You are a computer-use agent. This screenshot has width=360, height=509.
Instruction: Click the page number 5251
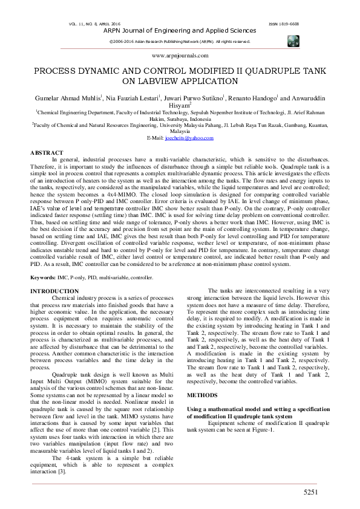coord(310,493)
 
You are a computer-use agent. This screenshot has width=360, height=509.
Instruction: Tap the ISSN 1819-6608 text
coord(283,24)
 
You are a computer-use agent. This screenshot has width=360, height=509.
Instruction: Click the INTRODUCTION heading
coord(54,291)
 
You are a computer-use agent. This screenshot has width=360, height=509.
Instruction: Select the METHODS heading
coord(203,394)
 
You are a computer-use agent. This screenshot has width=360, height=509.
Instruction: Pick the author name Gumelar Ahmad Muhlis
coord(67,97)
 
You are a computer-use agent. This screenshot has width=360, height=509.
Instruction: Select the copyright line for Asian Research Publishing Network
coord(180,41)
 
